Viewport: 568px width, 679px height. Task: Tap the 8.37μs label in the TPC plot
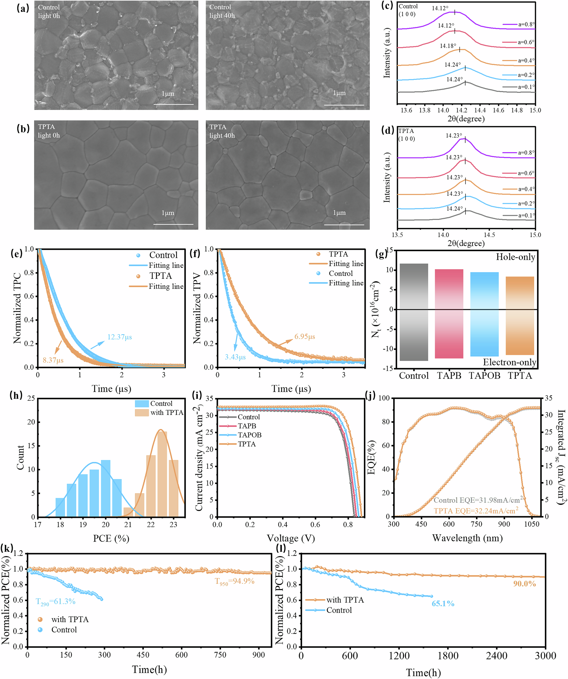click(53, 360)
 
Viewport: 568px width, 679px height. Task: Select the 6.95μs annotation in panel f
click(305, 336)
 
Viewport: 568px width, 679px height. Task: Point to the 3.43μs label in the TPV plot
click(235, 357)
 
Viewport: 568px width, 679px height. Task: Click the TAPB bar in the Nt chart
click(449, 313)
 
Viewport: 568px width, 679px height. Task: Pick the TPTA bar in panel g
click(519, 315)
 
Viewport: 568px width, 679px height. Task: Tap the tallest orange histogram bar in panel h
click(162, 474)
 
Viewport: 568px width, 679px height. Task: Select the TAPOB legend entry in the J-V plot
click(249, 435)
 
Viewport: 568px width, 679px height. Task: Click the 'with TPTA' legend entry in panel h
click(167, 413)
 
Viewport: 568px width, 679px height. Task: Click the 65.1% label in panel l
click(443, 603)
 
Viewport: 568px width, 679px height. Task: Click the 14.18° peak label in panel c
click(448, 46)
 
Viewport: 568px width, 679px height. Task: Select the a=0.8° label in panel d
click(526, 153)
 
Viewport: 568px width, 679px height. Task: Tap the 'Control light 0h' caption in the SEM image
click(49, 11)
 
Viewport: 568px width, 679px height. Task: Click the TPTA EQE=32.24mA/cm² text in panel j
click(476, 511)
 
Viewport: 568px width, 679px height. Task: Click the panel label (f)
click(195, 253)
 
